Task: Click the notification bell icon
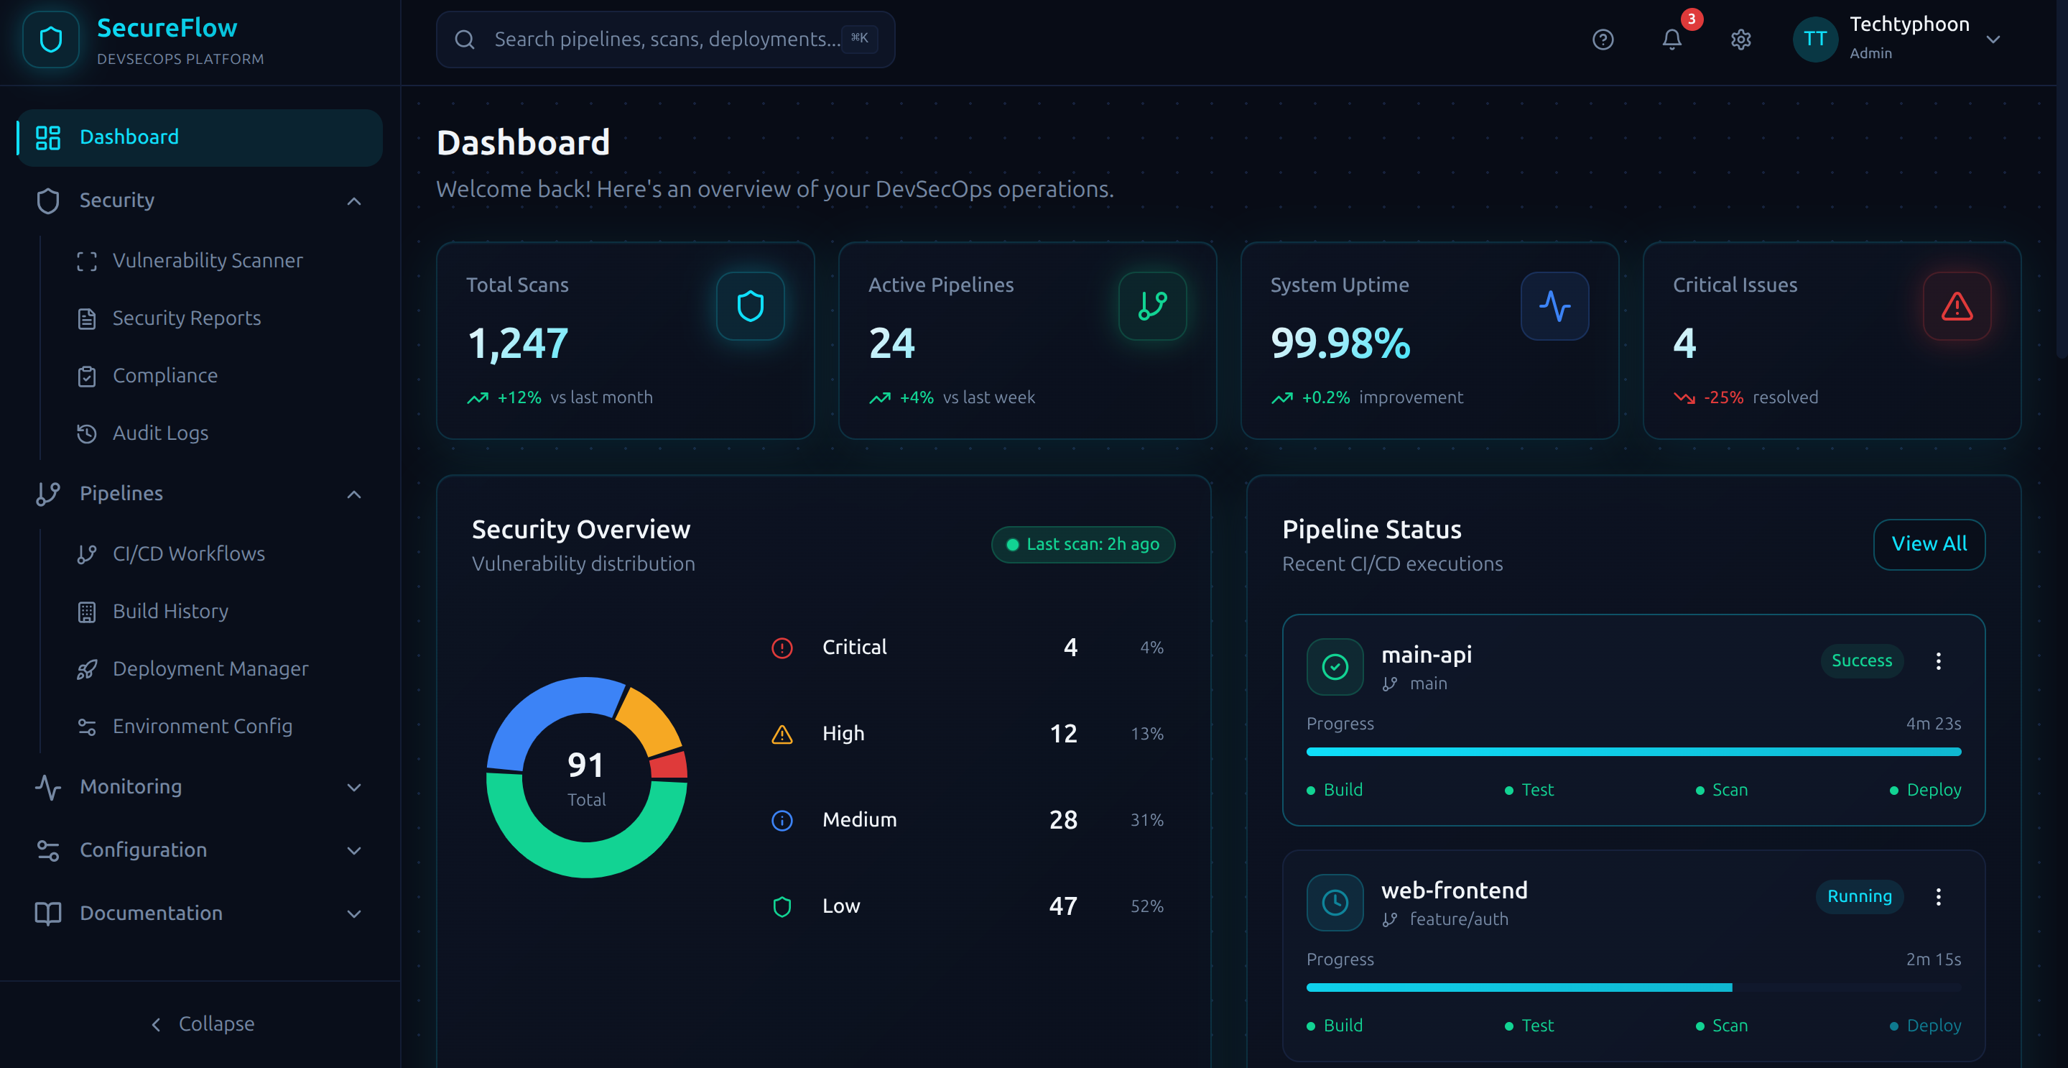pos(1671,40)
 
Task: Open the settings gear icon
pos(1740,40)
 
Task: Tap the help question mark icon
pos(1603,40)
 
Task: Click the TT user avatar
pos(1814,40)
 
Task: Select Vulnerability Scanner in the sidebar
pos(207,260)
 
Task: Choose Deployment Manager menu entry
pos(210,668)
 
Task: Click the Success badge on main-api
pos(1861,660)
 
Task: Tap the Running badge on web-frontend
pos(1858,896)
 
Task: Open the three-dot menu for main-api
pos(1938,661)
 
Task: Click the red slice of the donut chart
pos(669,765)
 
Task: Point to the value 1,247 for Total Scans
pos(518,343)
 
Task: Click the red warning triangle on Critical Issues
pos(1957,306)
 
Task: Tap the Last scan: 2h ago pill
pos(1082,545)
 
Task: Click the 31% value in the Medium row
pos(1146,820)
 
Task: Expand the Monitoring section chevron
pos(353,787)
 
